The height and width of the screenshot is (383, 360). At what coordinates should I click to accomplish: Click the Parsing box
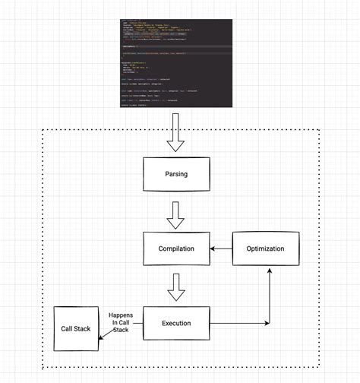click(176, 174)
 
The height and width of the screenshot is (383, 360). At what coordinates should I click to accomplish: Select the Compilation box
click(176, 248)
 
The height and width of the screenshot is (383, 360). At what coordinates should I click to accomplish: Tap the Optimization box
click(265, 248)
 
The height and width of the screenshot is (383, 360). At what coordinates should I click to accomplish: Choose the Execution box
click(176, 323)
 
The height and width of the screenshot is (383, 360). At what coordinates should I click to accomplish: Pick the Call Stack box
click(76, 328)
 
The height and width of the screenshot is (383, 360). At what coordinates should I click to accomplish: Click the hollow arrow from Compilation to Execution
click(176, 288)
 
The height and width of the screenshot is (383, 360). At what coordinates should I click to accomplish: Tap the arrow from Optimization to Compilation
click(221, 248)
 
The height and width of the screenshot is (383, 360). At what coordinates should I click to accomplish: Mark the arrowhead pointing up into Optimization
click(268, 270)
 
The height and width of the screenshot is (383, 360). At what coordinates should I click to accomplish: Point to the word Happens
click(122, 315)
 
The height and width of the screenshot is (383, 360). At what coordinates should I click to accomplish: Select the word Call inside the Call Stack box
click(68, 328)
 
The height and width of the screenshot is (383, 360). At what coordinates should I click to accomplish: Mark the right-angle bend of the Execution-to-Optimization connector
click(268, 323)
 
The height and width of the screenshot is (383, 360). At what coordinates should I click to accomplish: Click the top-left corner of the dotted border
click(41, 130)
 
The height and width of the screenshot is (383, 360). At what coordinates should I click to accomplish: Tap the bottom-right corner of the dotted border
click(319, 369)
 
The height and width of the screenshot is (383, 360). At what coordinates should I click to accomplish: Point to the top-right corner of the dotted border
click(319, 130)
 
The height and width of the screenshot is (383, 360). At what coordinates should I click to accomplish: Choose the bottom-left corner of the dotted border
click(41, 369)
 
